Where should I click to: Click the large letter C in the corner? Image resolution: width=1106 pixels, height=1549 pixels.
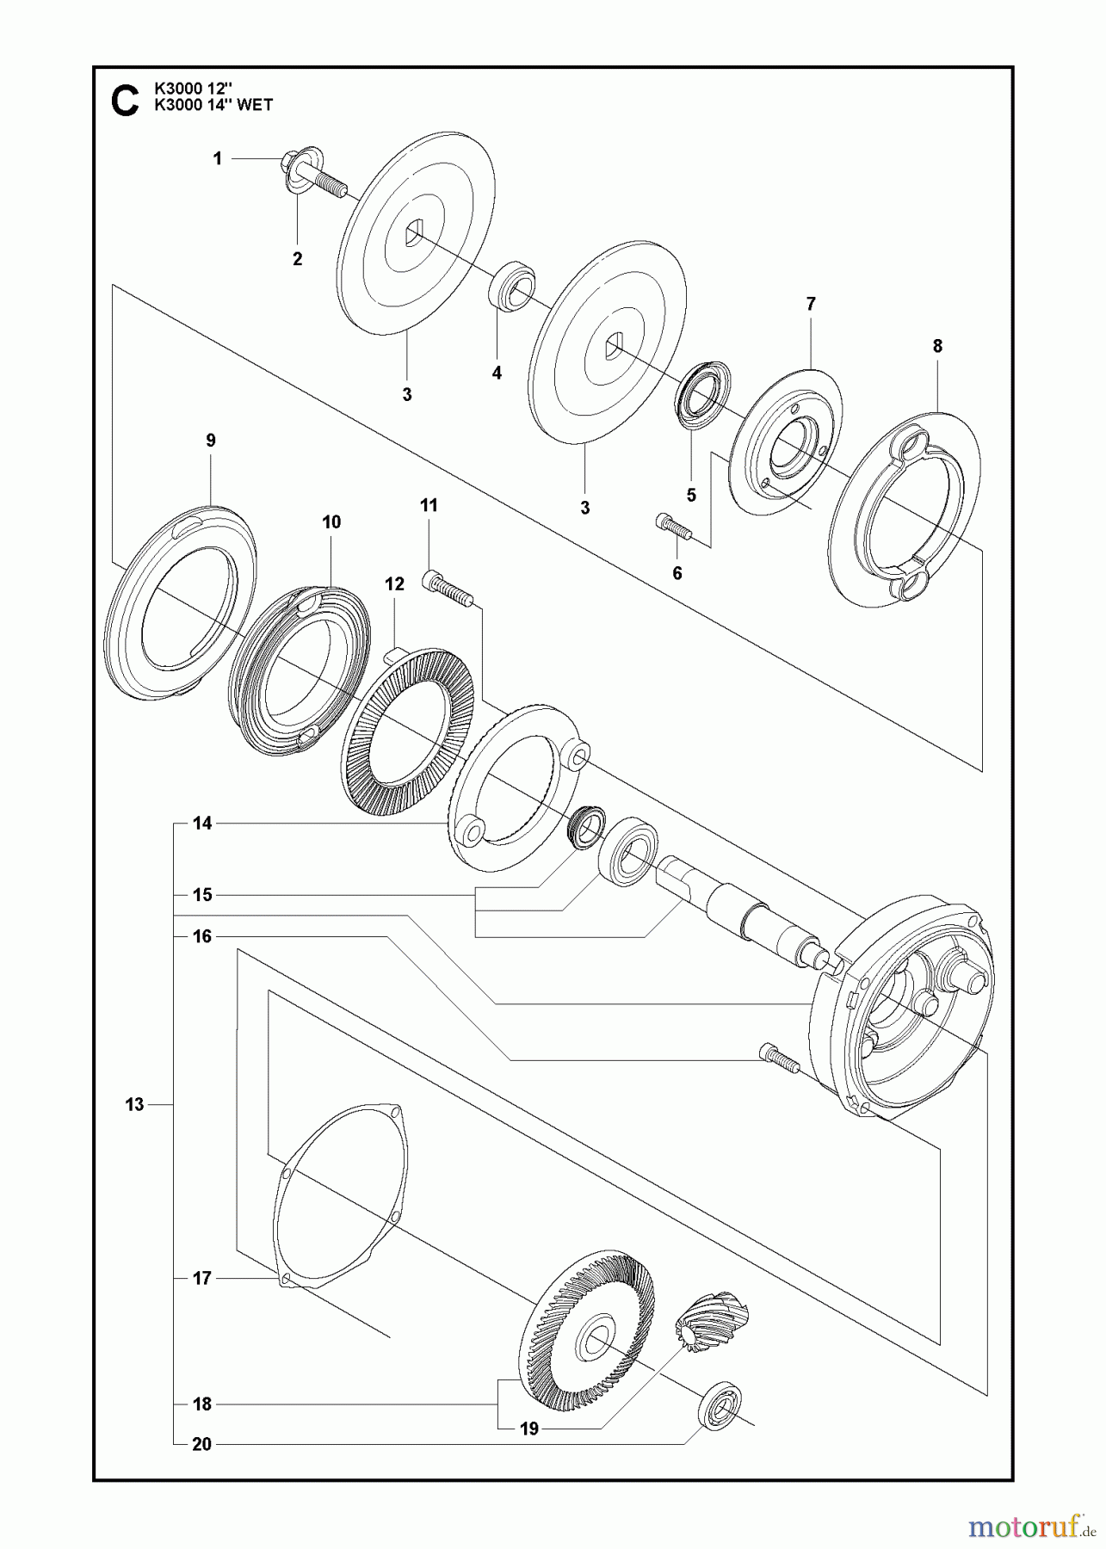click(125, 100)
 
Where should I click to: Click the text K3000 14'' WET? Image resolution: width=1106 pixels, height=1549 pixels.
click(213, 105)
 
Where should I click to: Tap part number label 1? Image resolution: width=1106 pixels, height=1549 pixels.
click(217, 158)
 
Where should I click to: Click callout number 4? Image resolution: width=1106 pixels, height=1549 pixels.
click(497, 373)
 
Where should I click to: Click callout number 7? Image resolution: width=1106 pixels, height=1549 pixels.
click(811, 304)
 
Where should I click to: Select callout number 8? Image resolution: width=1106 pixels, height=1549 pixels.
click(937, 346)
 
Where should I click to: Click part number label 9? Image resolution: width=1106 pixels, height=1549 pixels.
click(211, 441)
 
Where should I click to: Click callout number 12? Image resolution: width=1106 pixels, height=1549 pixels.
click(394, 584)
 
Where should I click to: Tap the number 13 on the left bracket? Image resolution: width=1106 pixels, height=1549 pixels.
click(134, 1104)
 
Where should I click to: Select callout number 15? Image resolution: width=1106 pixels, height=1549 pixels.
click(202, 895)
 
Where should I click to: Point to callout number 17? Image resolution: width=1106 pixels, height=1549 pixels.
click(202, 1279)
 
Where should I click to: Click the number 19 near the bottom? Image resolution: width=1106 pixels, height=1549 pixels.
click(529, 1429)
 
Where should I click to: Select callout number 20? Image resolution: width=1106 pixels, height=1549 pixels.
click(202, 1445)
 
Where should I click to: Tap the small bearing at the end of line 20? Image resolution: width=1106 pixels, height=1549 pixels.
click(720, 1405)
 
